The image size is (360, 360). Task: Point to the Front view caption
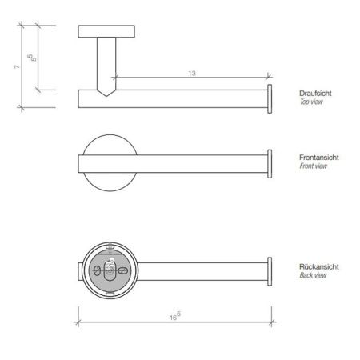coord(312,166)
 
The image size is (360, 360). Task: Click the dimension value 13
coord(193,73)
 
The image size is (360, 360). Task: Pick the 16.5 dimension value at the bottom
coord(175,318)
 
